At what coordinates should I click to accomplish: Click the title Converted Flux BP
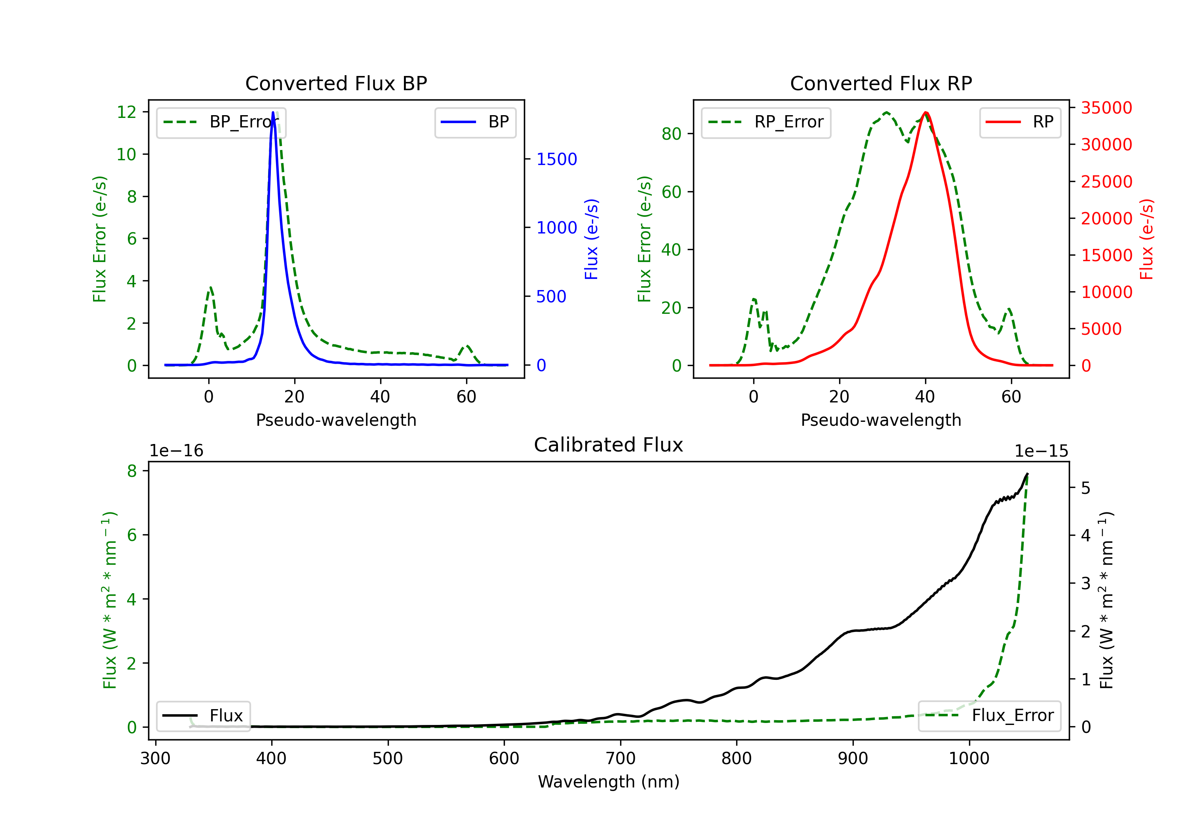pos(336,83)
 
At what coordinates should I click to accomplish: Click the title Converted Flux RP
pos(881,83)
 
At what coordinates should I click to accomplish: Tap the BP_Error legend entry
pos(221,123)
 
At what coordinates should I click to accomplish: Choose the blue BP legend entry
pos(475,123)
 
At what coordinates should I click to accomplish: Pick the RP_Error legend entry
pos(766,123)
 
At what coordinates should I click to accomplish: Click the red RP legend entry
pos(1020,123)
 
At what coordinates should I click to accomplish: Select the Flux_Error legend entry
pos(989,716)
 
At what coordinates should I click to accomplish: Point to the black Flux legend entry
pos(204,716)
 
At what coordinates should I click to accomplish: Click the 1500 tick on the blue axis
pos(556,159)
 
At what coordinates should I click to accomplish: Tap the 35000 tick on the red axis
pos(1106,108)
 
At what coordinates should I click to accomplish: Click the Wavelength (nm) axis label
pos(609,782)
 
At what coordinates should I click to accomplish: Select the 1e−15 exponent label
pos(1041,451)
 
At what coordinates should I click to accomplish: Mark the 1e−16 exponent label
pos(177,451)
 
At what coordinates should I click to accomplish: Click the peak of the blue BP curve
pos(273,113)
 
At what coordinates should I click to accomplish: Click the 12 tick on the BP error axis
pos(127,112)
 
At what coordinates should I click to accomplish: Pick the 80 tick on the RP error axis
pos(671,134)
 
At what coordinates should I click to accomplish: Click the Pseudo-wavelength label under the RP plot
pos(881,420)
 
